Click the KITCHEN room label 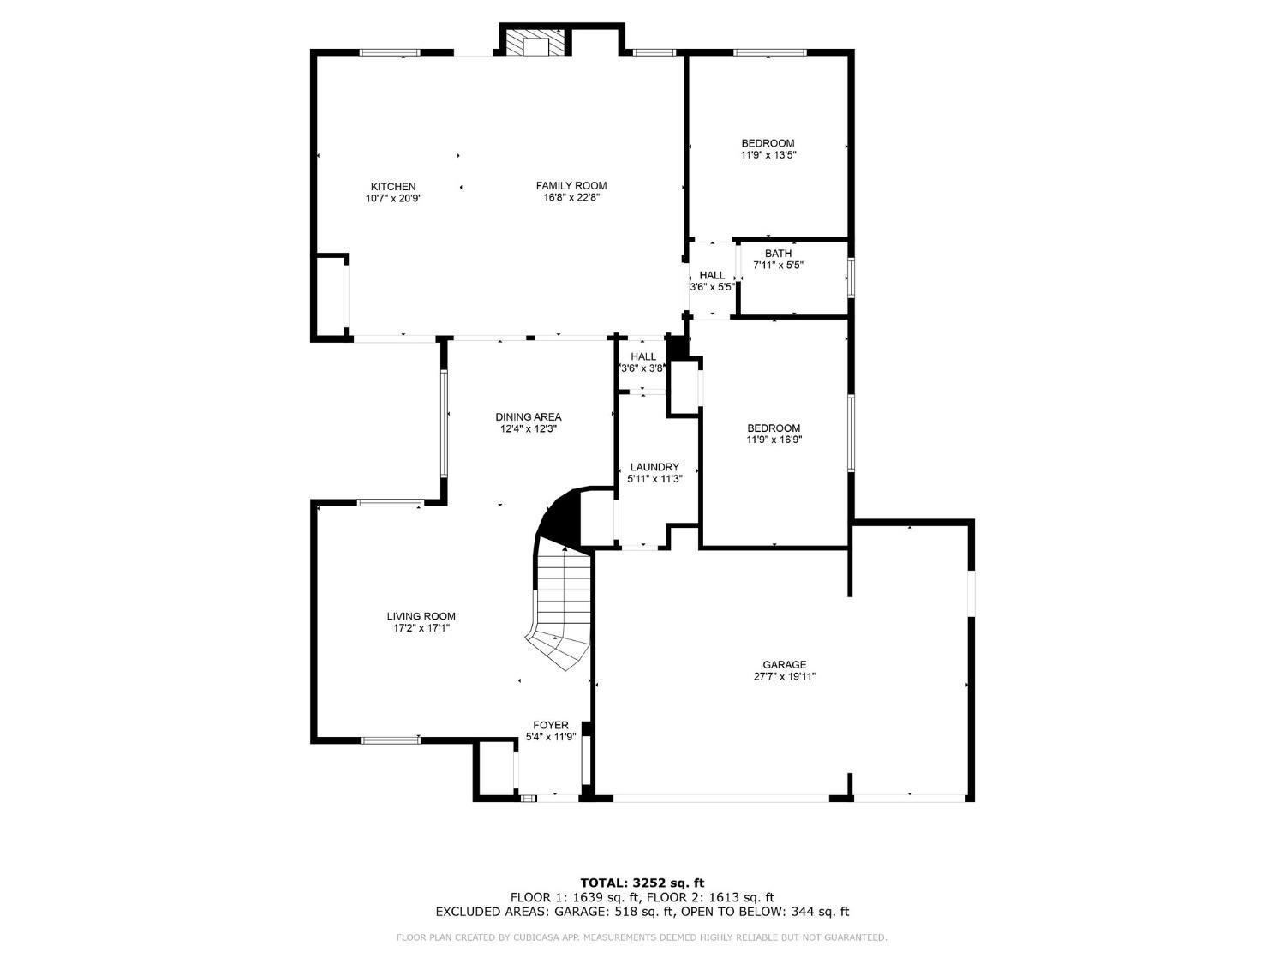point(393,186)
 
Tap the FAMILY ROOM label point(571,185)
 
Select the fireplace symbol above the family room point(535,45)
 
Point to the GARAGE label point(785,664)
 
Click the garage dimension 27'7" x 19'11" point(785,676)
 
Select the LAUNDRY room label point(654,467)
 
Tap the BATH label point(778,253)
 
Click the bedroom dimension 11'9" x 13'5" point(768,155)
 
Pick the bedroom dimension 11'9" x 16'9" point(774,440)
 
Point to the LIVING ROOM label point(421,615)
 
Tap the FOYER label point(551,725)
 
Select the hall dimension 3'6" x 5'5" point(712,287)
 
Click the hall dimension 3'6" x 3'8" point(643,368)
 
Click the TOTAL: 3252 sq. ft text point(642,882)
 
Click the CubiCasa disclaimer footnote point(642,937)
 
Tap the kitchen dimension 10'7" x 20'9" point(393,198)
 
